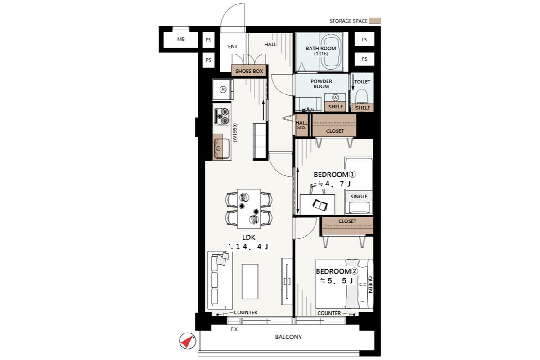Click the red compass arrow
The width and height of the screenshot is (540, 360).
(188, 342)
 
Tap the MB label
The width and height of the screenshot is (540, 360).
(181, 39)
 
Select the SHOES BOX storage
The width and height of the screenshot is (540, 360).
(249, 71)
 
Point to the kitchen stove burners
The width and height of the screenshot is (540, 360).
(222, 116)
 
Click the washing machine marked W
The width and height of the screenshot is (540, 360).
(335, 98)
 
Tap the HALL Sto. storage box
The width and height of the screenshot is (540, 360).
(302, 125)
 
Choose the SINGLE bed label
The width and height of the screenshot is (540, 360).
(359, 197)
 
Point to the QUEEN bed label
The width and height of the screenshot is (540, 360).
(370, 284)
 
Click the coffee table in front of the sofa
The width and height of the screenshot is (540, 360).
(250, 281)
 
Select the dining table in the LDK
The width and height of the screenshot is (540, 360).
(249, 209)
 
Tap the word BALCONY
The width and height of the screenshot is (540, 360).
(288, 337)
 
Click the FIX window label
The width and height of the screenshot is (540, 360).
(234, 329)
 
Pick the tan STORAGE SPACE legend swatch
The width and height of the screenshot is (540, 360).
(374, 21)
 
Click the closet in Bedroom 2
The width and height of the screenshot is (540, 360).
(347, 226)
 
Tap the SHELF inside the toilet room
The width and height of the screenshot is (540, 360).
(363, 108)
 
